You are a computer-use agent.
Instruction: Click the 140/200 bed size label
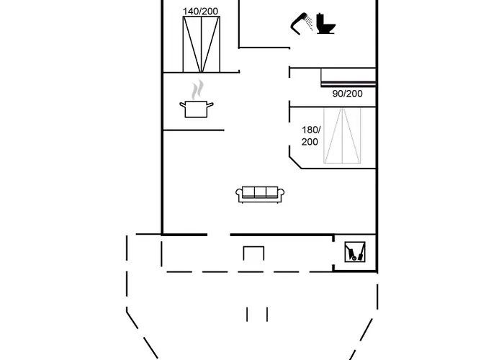(201, 11)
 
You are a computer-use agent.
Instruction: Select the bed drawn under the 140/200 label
(201, 44)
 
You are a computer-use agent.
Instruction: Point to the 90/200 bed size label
(347, 94)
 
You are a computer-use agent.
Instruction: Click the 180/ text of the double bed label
(310, 130)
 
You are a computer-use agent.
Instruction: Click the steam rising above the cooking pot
(196, 90)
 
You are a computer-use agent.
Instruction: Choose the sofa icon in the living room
(261, 193)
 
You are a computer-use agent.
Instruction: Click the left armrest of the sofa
(239, 194)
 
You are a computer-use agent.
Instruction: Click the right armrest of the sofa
(282, 194)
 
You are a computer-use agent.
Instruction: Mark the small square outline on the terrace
(253, 253)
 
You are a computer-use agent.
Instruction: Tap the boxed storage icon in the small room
(354, 251)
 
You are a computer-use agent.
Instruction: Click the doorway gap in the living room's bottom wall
(219, 234)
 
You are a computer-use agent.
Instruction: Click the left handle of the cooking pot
(182, 106)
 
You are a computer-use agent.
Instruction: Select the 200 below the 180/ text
(310, 142)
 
